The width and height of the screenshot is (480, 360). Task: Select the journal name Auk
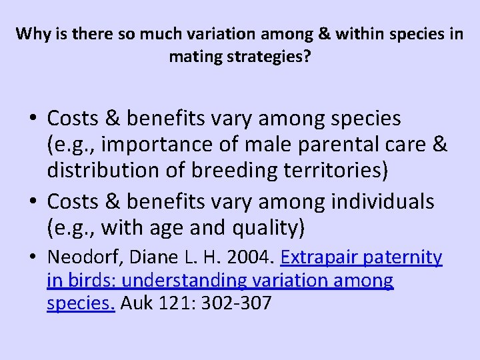(x=135, y=304)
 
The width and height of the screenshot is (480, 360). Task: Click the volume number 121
(x=173, y=304)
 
